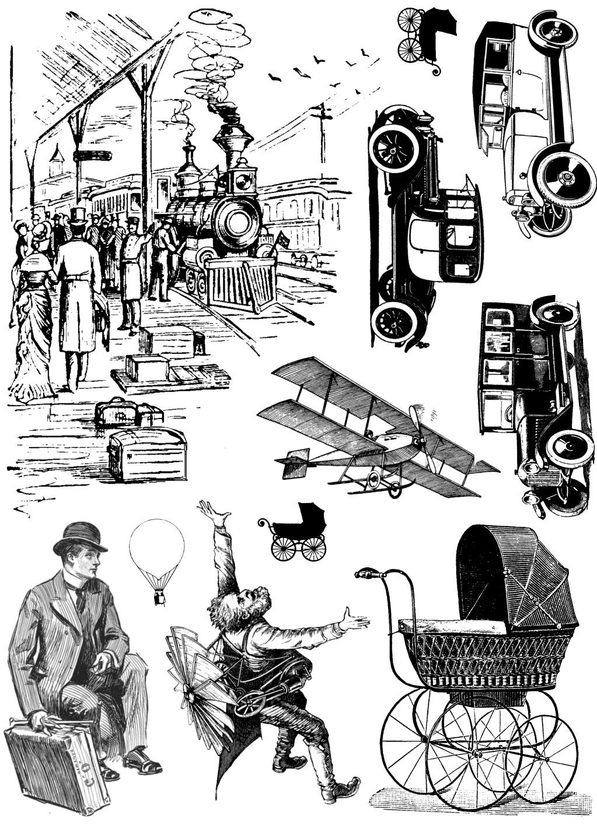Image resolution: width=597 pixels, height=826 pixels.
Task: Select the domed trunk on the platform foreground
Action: pyautogui.click(x=147, y=453)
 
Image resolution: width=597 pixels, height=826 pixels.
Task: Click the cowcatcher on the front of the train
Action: pyautogui.click(x=242, y=286)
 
